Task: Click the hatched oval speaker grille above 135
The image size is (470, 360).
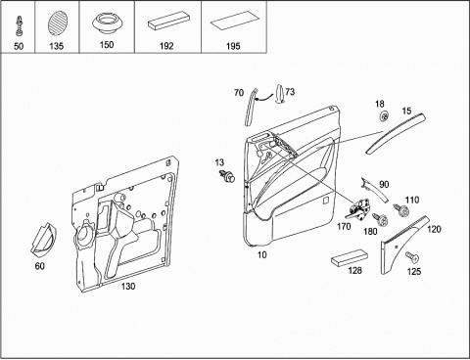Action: tap(57, 23)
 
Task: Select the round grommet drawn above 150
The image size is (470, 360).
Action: tap(107, 24)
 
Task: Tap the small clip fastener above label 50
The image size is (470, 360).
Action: tap(19, 27)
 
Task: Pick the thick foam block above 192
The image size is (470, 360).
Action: tap(168, 22)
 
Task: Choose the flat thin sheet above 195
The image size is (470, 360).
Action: tap(235, 21)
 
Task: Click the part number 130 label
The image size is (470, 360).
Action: tap(128, 287)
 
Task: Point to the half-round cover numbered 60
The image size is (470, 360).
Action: tap(44, 239)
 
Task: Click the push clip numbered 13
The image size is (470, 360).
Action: tap(227, 176)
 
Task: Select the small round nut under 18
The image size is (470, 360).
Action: tap(385, 115)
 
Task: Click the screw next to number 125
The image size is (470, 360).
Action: tap(412, 257)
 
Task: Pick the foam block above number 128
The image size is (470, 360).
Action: tap(350, 258)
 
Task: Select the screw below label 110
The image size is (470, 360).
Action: tap(401, 210)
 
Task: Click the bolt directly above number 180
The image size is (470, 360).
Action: tap(381, 219)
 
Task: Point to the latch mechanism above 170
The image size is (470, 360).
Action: tap(357, 209)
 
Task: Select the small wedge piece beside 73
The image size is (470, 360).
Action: tap(280, 94)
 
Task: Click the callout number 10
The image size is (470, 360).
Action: tap(262, 254)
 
